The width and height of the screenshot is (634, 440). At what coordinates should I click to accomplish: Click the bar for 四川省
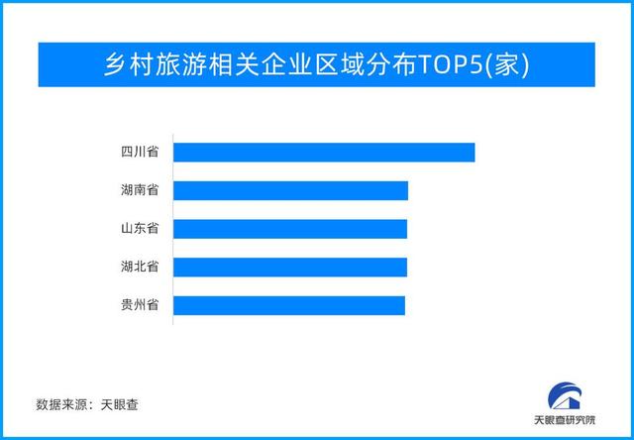pyautogui.click(x=324, y=153)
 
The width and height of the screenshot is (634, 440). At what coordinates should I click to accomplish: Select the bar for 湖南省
pyautogui.click(x=290, y=190)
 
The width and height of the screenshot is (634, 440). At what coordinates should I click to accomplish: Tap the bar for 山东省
pyautogui.click(x=290, y=229)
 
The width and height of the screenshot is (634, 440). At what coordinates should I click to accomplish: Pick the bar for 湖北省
pyautogui.click(x=290, y=267)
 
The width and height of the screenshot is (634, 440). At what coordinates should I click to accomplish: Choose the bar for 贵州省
pyautogui.click(x=289, y=305)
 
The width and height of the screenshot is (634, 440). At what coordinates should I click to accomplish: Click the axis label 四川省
pyautogui.click(x=140, y=153)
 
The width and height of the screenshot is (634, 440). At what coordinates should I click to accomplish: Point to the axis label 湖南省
pyautogui.click(x=140, y=190)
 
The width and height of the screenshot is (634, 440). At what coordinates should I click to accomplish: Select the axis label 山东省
pyautogui.click(x=140, y=229)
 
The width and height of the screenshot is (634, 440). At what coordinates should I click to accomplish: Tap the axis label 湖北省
pyautogui.click(x=140, y=267)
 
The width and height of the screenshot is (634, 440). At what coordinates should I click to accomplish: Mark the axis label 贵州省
pyautogui.click(x=140, y=305)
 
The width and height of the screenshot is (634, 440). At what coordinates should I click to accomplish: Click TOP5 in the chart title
pyautogui.click(x=449, y=64)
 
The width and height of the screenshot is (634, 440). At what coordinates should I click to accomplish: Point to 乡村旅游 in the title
pyautogui.click(x=156, y=64)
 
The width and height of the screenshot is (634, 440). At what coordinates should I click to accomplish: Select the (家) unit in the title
pyautogui.click(x=506, y=65)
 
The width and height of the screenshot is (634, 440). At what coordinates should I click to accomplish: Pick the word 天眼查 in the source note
pyautogui.click(x=119, y=404)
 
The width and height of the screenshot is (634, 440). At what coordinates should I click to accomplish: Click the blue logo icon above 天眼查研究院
pyautogui.click(x=565, y=396)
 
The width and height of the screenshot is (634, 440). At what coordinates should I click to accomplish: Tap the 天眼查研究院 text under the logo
pyautogui.click(x=565, y=420)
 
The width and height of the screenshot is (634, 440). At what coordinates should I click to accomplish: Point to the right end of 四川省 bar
pyautogui.click(x=475, y=153)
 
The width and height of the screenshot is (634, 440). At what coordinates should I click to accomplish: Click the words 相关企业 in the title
pyautogui.click(x=260, y=64)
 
